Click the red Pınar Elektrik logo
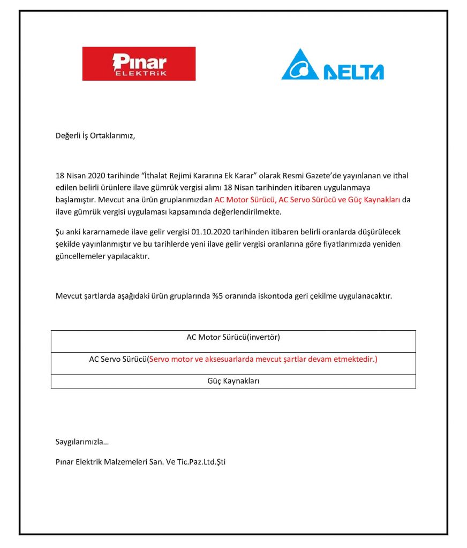[x=139, y=64]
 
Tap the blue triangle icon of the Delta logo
[x=300, y=66]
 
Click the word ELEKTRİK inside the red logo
[x=140, y=73]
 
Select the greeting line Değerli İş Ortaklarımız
[x=95, y=135]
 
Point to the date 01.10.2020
[x=209, y=232]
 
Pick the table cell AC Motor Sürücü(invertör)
[x=233, y=337]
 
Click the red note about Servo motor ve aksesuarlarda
[x=262, y=359]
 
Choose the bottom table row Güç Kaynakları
[x=233, y=381]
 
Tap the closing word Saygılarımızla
[x=82, y=442]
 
